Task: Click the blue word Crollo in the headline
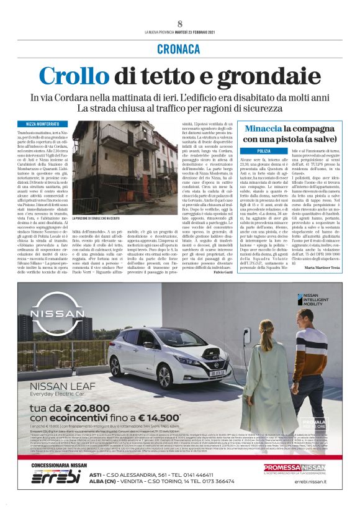[x=76, y=76]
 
